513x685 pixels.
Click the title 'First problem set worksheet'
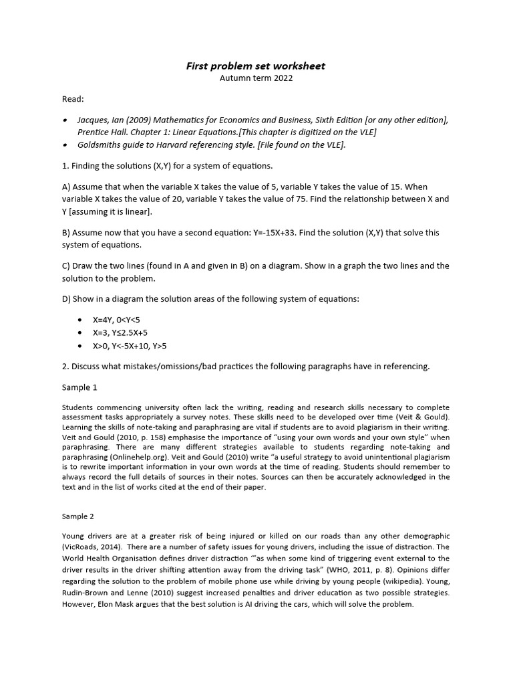click(x=256, y=66)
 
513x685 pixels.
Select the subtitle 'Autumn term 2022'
click(x=256, y=78)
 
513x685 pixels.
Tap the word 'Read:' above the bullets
click(x=73, y=99)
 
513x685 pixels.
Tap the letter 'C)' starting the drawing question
click(x=67, y=266)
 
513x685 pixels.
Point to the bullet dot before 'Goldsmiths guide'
click(x=65, y=144)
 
